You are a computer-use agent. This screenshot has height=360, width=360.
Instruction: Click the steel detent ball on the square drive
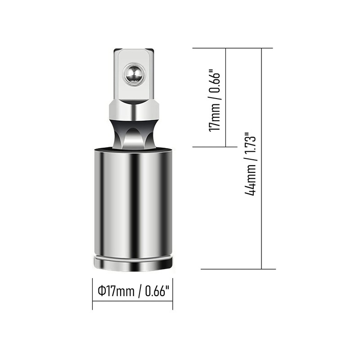tap(135, 74)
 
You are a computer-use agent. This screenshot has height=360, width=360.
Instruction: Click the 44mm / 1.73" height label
tap(251, 163)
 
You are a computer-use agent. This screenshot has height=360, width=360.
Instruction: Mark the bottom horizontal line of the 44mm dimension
tap(238, 269)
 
